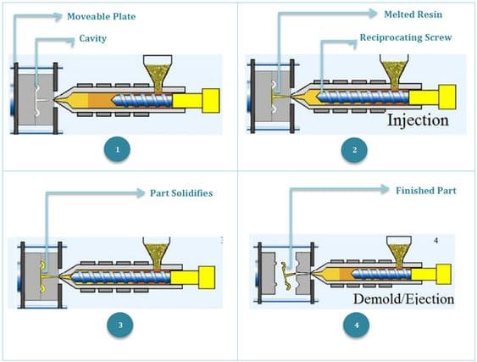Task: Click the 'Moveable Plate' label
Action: click(x=102, y=16)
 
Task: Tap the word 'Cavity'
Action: click(x=93, y=38)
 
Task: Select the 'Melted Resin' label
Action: click(x=413, y=14)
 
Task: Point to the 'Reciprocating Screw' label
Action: click(x=406, y=37)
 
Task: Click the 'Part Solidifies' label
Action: click(x=181, y=193)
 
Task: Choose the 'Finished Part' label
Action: click(x=426, y=191)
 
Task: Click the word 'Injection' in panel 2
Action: click(x=418, y=120)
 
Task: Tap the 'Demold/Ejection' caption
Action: click(x=403, y=299)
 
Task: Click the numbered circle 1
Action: click(x=117, y=149)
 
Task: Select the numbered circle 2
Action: click(x=354, y=149)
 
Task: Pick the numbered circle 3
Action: click(x=120, y=325)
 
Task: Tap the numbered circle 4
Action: click(x=356, y=325)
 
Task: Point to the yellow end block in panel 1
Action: click(x=210, y=101)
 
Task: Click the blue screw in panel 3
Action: click(x=121, y=277)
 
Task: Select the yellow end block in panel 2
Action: click(x=446, y=97)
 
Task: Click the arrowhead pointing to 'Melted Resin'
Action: click(x=373, y=13)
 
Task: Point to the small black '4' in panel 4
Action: click(x=436, y=241)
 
